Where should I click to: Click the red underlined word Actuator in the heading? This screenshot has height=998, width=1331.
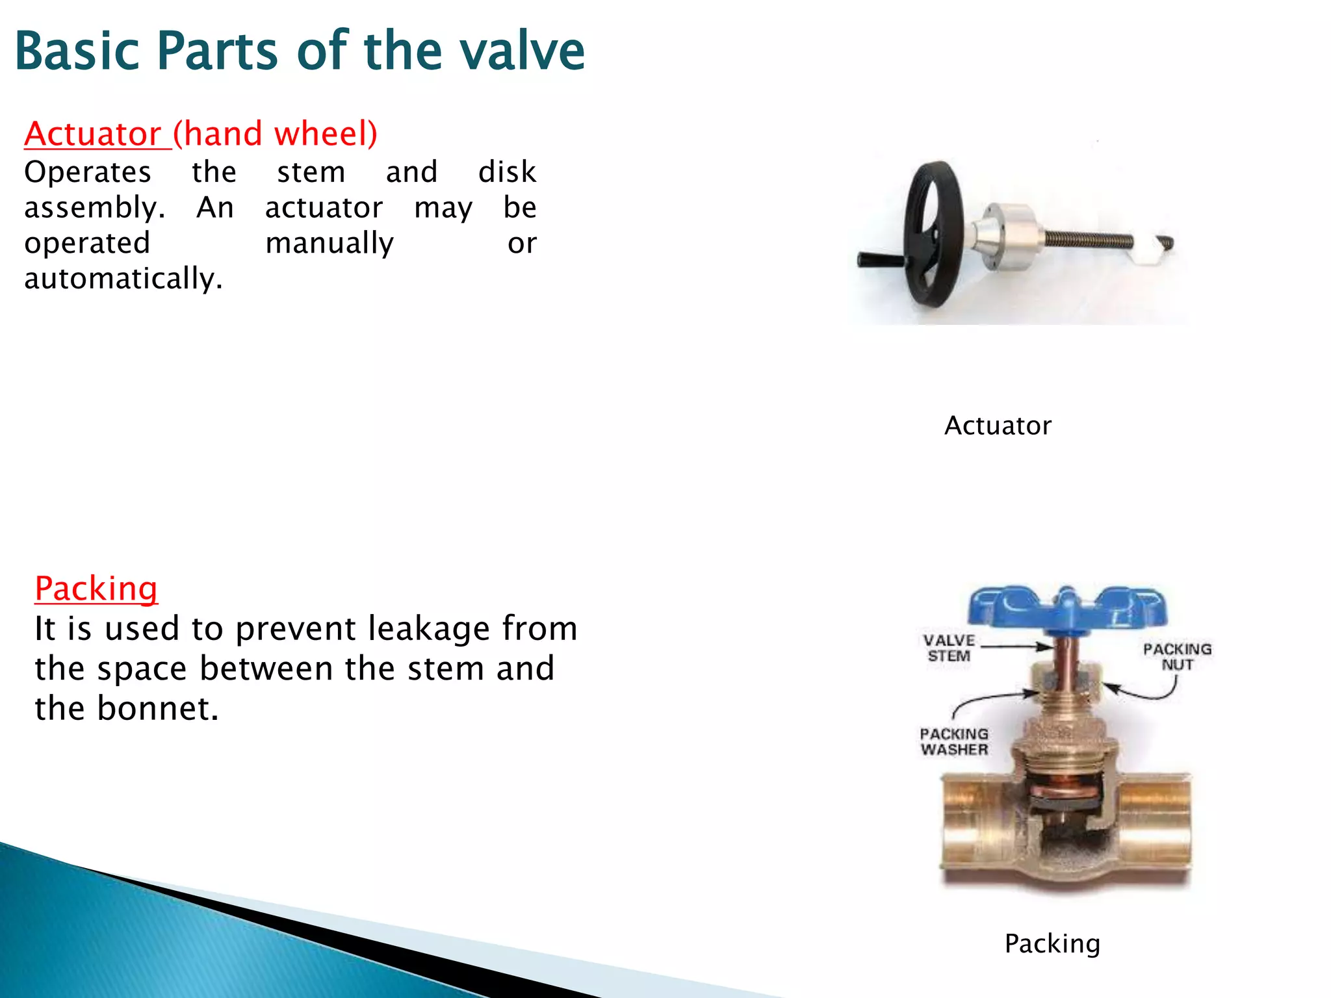coord(92,134)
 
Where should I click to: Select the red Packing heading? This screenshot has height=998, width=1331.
coord(96,589)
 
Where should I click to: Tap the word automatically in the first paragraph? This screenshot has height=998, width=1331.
coord(123,279)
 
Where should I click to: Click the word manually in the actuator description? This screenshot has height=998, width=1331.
coord(330,244)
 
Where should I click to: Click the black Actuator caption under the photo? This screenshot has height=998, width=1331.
coord(998,426)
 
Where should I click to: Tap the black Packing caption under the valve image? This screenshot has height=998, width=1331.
coord(1052,943)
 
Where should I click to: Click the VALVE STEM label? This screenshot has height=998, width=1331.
coord(949,648)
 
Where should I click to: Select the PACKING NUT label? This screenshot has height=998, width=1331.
coord(1177,656)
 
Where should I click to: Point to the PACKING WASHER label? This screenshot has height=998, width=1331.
coord(954,741)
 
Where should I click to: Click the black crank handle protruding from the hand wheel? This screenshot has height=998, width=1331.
coord(881,260)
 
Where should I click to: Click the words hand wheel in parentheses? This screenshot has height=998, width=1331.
coord(275,134)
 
